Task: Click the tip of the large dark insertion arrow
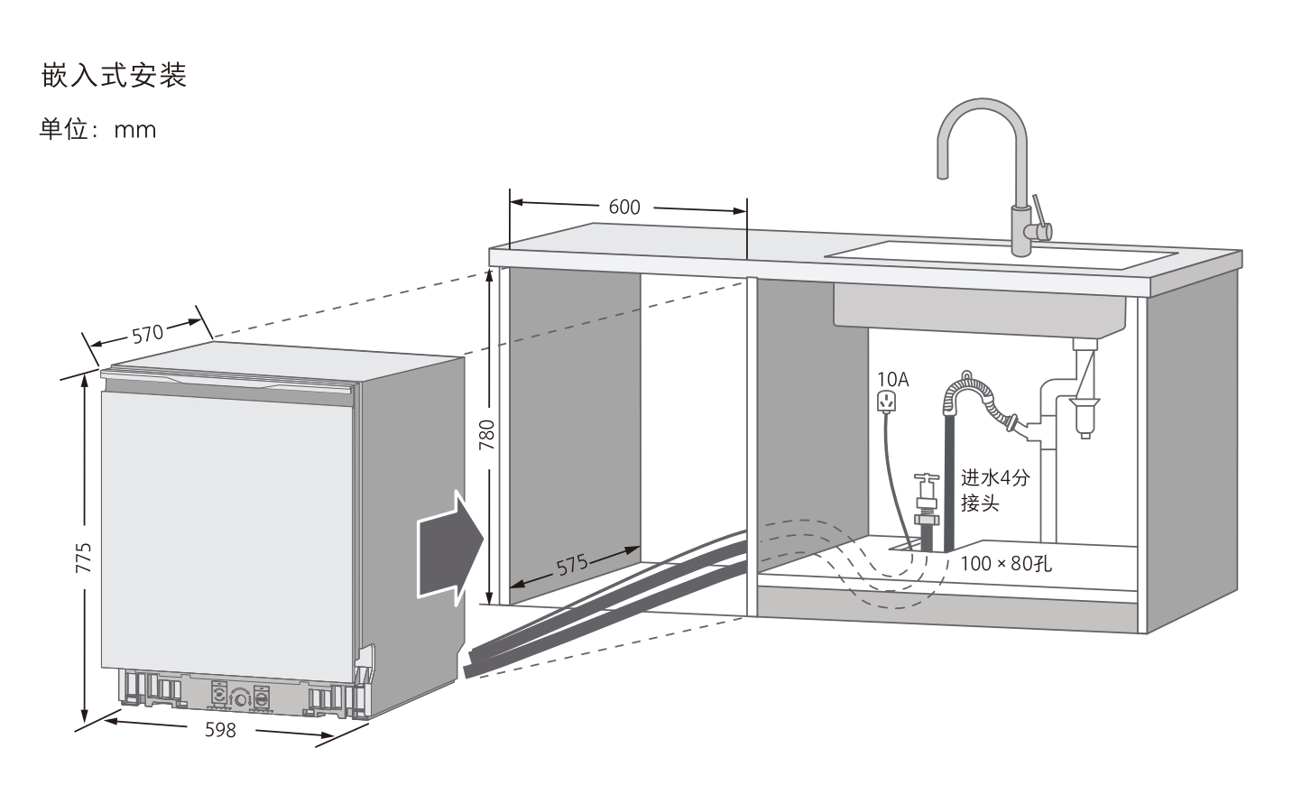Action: [484, 540]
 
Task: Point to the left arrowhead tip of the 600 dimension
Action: [511, 202]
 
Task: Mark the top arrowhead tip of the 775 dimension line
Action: [84, 374]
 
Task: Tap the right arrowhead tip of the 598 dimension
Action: [334, 736]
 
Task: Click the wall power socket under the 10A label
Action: [887, 402]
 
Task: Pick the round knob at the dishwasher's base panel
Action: [240, 697]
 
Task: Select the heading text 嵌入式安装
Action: [114, 76]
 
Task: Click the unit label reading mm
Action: [135, 130]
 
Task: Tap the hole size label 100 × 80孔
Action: [1006, 563]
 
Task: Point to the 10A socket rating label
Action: [892, 379]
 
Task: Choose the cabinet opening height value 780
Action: [487, 434]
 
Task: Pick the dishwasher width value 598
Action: [221, 729]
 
